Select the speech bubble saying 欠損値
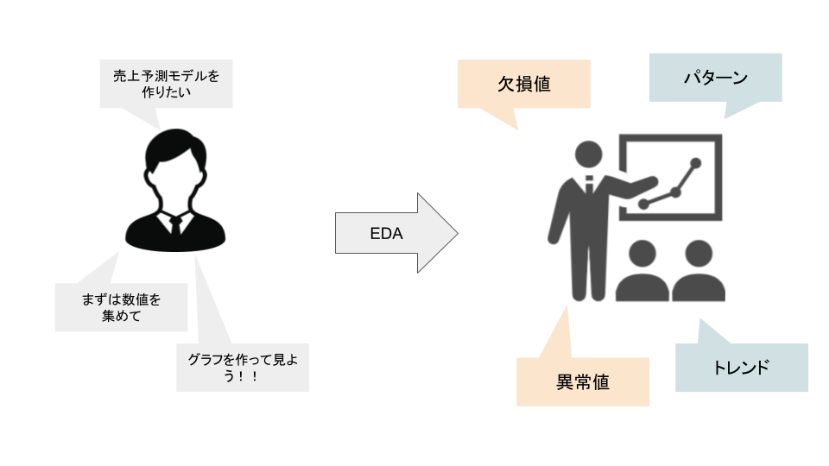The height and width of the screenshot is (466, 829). click(524, 84)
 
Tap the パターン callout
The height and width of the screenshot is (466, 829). click(715, 79)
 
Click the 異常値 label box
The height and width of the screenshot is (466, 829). click(583, 381)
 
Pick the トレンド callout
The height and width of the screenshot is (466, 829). click(741, 368)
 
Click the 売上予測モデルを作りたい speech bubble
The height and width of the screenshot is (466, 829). click(166, 84)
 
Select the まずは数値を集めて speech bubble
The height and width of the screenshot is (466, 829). click(121, 306)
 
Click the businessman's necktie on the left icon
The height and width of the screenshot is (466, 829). click(175, 226)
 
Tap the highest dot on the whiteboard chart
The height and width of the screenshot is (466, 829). click(695, 162)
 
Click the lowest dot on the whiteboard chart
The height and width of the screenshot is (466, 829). click(643, 205)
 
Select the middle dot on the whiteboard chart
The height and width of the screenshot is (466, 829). click(675, 192)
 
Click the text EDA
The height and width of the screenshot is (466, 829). click(380, 234)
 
